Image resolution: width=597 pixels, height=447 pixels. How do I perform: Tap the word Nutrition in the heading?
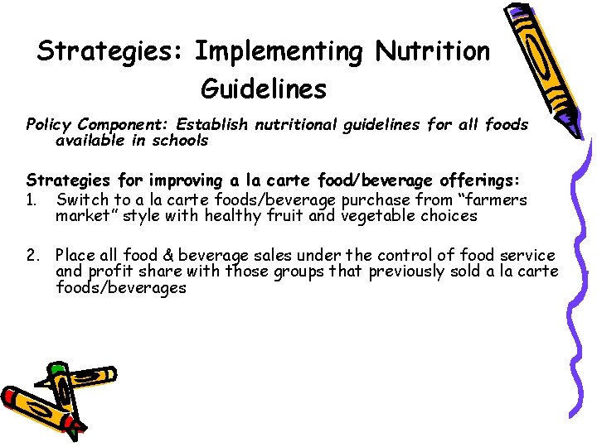coord(432,51)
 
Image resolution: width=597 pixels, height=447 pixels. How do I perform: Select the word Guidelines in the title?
coord(264,88)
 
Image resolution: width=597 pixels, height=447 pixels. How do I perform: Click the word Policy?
coord(49,124)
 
